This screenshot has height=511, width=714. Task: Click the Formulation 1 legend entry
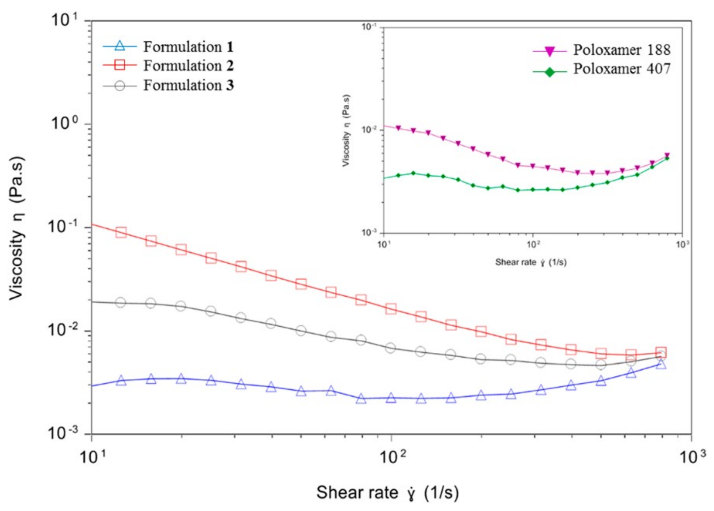188,47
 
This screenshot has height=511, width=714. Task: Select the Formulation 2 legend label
188,66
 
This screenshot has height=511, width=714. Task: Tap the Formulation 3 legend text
188,85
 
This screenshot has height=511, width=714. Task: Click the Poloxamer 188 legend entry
621,50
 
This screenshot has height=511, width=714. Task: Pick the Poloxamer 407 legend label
621,69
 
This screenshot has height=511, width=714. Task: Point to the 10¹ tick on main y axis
65,20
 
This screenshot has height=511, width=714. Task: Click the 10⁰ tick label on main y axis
65,124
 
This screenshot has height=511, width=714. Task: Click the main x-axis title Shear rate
387,493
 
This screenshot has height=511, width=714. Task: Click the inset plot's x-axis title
531,262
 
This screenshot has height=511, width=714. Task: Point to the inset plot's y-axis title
346,130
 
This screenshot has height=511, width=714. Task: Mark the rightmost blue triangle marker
661,364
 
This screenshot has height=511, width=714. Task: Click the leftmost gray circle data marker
120,303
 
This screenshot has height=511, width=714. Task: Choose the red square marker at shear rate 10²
391,309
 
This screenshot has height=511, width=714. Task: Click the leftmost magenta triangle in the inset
399,128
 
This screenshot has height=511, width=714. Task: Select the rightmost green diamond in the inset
667,158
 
